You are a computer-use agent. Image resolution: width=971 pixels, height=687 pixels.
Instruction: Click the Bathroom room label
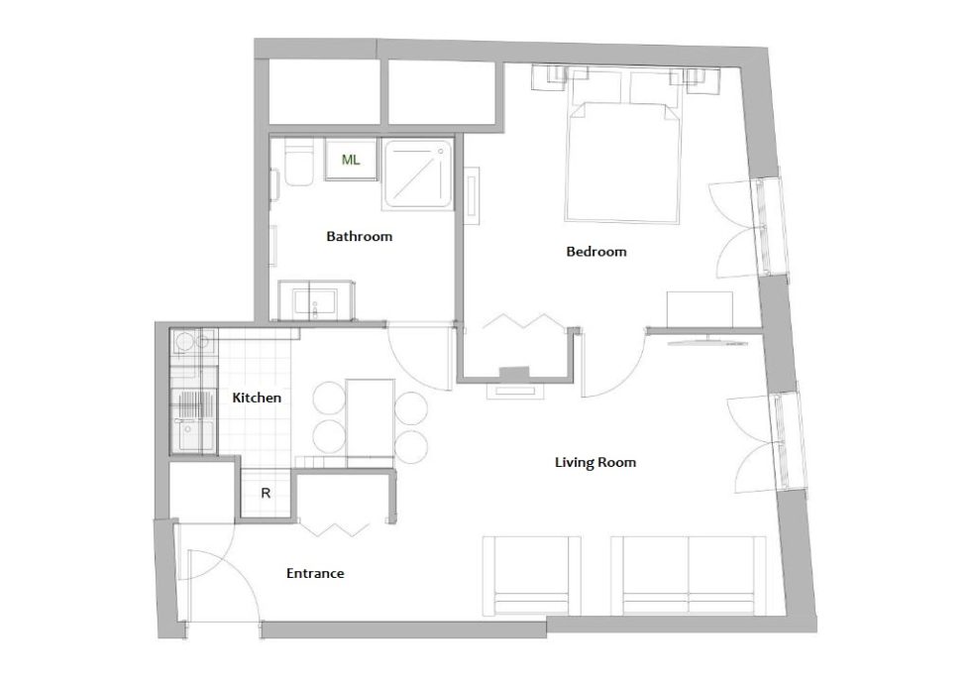coord(359,236)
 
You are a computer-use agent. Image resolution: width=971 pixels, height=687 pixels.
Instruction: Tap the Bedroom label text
coord(596,252)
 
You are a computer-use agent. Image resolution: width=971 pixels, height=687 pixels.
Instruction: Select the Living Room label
coord(595,462)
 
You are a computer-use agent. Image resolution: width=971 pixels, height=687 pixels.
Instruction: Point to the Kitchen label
coord(257,398)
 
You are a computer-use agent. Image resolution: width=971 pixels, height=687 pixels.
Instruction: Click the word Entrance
coord(315,573)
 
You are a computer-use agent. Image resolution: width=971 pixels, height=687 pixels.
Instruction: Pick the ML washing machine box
coord(351,160)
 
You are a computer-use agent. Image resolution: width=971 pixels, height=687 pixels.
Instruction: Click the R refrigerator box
coord(266,493)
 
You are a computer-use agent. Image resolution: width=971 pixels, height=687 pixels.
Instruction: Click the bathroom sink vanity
coord(316,300)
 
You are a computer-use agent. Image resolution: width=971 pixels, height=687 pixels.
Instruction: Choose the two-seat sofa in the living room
coord(689,576)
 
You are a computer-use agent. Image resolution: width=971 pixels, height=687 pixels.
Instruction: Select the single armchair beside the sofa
coord(532,576)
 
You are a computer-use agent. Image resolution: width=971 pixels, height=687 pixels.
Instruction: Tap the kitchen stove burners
coord(194,342)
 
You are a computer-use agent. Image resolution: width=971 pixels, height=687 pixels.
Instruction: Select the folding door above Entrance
coord(335,529)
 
